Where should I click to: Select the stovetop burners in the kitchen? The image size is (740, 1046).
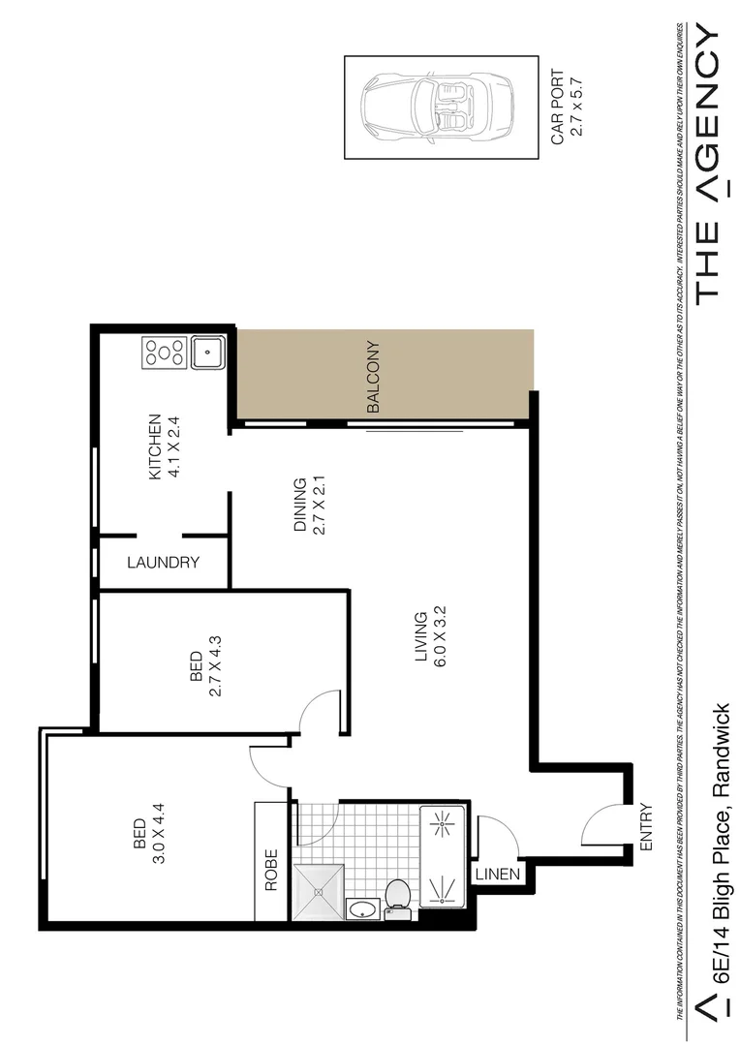point(165,352)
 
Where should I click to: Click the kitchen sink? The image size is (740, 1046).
point(207,352)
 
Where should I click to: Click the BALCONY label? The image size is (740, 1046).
point(374,379)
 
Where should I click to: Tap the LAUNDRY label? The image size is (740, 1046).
point(163,563)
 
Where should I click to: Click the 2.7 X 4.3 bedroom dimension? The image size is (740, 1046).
point(216,665)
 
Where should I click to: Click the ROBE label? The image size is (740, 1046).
point(271,869)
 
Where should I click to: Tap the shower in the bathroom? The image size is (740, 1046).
point(319,889)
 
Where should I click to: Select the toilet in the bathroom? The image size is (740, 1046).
point(398,896)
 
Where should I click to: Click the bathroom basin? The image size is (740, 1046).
point(362,909)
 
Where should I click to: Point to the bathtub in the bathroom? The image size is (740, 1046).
point(444,855)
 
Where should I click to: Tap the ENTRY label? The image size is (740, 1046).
point(647,827)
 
